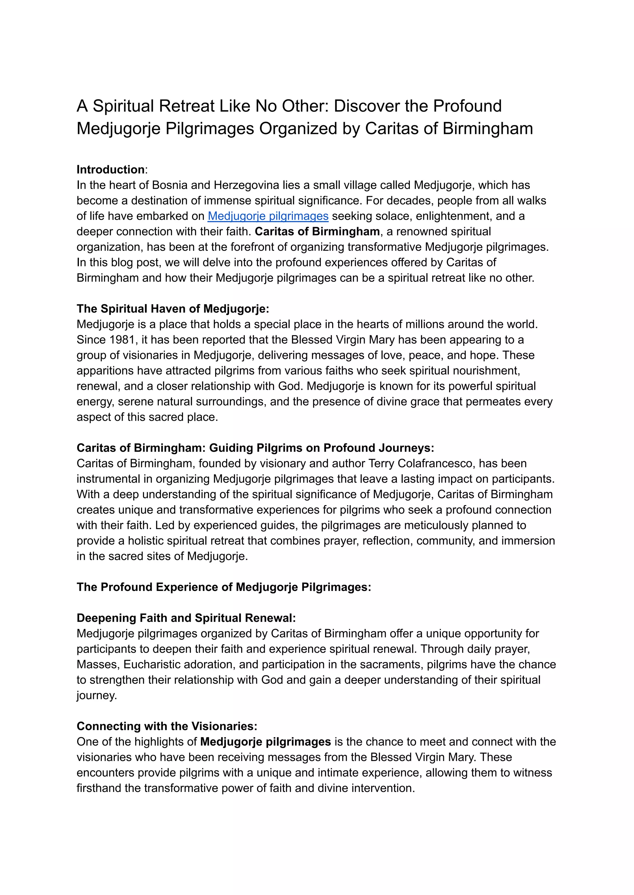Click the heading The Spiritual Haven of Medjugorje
point(172,309)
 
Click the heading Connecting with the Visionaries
point(167,726)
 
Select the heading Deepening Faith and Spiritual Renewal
point(186,618)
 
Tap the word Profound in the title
point(467,106)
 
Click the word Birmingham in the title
point(488,129)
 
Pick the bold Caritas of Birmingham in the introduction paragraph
point(317,231)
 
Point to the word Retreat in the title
point(186,106)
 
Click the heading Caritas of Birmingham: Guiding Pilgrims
point(255,448)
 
